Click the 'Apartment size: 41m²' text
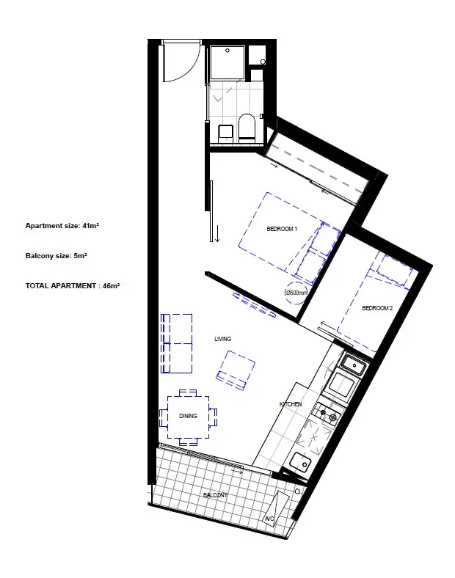(62, 226)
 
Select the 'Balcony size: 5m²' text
(57, 256)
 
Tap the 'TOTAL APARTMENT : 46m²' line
(72, 285)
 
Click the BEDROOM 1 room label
(281, 230)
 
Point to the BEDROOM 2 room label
(378, 309)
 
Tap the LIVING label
(222, 339)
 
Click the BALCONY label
(215, 496)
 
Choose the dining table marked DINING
(188, 417)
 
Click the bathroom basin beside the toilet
(225, 133)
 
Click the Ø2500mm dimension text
(296, 292)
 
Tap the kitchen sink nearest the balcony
(300, 462)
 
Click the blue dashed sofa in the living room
(176, 343)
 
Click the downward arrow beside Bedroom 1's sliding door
(217, 236)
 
